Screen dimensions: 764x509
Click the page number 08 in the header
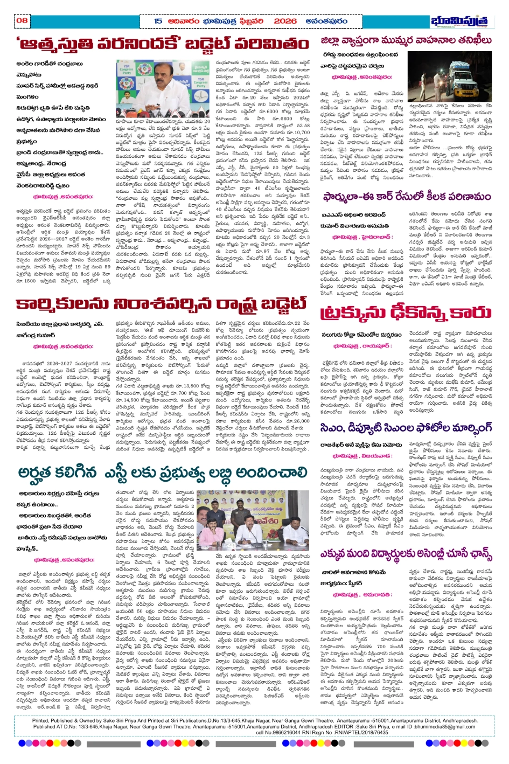point(22,20)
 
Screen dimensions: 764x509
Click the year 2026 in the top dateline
point(285,21)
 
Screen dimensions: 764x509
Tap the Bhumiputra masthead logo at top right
point(462,21)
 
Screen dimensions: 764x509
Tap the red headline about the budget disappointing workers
point(161,305)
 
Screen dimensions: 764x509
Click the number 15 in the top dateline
point(158,21)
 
